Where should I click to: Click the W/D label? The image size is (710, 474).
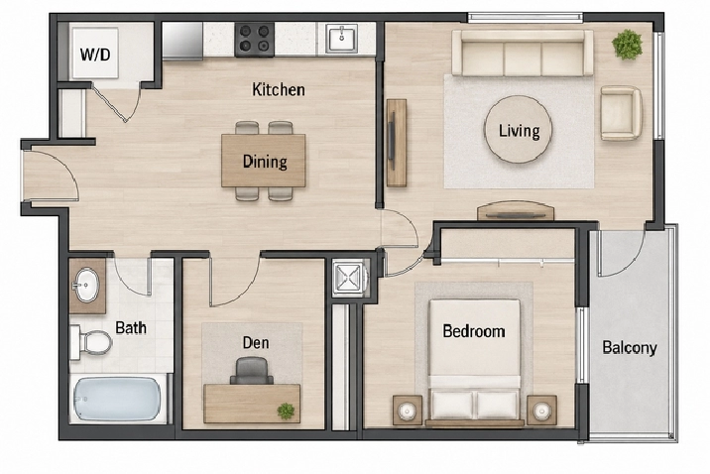[x=95, y=55]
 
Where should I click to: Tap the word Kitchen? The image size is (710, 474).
[x=278, y=89]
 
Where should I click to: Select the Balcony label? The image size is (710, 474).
[x=630, y=348]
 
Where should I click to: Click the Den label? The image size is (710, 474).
[x=256, y=343]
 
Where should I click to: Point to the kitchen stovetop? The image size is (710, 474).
[x=255, y=40]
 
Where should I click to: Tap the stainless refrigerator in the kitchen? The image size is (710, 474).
[x=182, y=41]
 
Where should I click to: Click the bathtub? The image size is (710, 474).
[x=117, y=399]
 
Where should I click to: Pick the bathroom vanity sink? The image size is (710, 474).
[x=85, y=286]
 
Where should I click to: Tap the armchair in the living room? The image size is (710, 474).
[x=621, y=113]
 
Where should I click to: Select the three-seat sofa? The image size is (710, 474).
[x=523, y=53]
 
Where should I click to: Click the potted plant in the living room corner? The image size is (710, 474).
[x=627, y=45]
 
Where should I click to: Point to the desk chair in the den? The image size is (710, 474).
[x=252, y=370]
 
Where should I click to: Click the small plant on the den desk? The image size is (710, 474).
[x=286, y=412]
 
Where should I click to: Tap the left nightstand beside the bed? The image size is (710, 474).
[x=408, y=411]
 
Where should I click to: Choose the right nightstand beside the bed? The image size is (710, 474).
[x=542, y=411]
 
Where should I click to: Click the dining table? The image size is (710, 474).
[x=264, y=161]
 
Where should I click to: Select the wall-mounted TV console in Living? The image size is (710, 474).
[x=397, y=142]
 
